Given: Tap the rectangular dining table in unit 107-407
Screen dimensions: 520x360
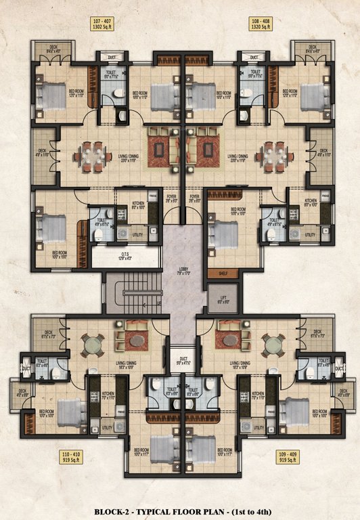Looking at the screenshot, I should tap(93, 154).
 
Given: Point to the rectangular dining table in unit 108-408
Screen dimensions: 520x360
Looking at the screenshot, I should tap(275, 154).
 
